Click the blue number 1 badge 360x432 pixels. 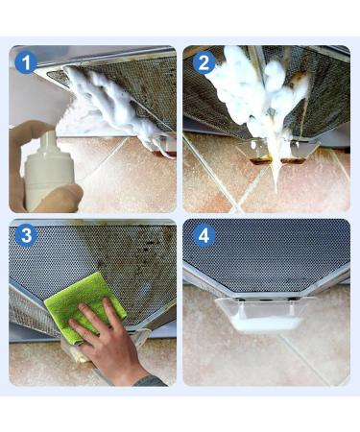click(26, 62)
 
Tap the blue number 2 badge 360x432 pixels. click(204, 62)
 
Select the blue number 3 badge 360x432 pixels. click(26, 235)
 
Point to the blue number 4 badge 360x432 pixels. click(204, 235)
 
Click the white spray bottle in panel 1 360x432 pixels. click(49, 173)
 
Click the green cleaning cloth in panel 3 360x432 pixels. click(84, 305)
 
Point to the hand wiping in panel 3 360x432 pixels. click(106, 339)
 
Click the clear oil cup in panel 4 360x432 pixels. click(262, 315)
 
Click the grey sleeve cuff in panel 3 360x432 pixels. click(150, 381)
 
